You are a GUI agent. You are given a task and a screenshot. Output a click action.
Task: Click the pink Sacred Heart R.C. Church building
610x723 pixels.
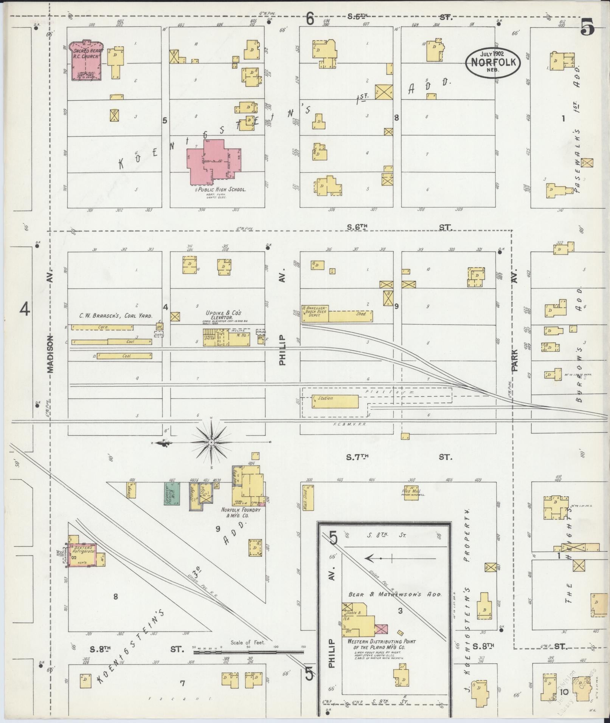coord(87,60)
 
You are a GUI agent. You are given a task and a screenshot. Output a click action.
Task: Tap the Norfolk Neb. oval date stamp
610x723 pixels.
coord(493,62)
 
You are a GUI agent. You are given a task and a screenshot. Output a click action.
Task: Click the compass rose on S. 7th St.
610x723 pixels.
coord(211,442)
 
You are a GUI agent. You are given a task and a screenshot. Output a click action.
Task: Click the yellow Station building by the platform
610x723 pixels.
coord(335,401)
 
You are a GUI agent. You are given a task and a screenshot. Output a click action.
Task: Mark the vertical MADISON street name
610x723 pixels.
coord(51,353)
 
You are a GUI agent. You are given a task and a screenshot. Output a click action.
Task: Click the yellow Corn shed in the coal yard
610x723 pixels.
coord(102,327)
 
